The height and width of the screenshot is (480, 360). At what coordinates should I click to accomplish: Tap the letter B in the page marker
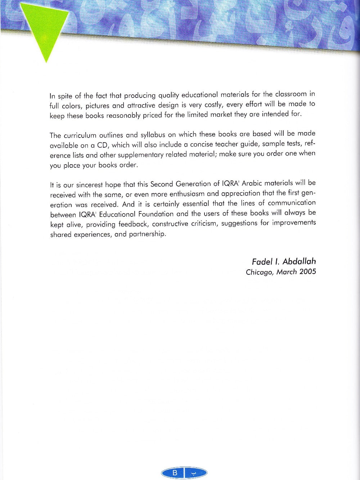(175, 473)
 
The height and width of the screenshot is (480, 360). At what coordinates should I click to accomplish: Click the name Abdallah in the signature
(299, 262)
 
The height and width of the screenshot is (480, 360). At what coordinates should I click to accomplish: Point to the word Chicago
(259, 272)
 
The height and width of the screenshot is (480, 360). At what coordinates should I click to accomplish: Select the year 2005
(307, 272)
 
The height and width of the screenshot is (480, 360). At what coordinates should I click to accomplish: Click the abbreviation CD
(103, 145)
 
